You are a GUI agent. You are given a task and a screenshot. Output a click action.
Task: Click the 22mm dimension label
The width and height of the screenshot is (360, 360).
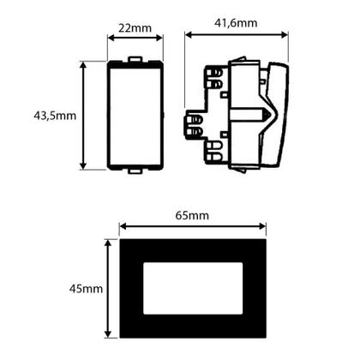135,27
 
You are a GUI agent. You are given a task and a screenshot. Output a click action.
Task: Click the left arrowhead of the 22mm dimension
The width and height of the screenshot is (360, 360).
110,39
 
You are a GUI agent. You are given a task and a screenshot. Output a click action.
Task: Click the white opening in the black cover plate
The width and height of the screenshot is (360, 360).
193,289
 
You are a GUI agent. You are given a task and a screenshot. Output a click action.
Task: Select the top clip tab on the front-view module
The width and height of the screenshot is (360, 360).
134,59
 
